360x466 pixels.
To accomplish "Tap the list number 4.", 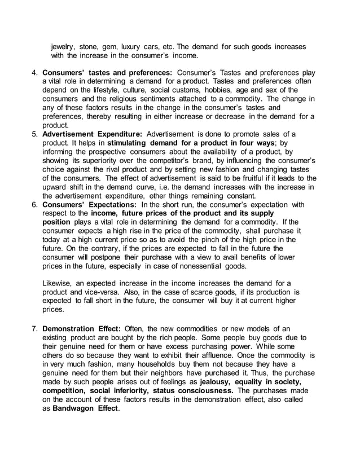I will (x=34, y=73).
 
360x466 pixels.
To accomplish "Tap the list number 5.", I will (x=34, y=134).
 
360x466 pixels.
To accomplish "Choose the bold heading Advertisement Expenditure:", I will (x=93, y=134).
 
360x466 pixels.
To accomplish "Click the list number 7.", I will (x=34, y=329).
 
